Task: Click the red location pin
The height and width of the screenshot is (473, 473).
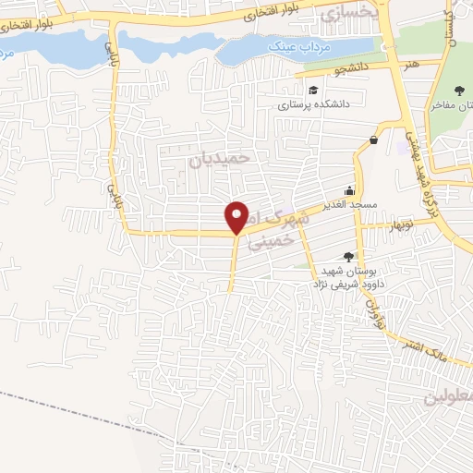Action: click(237, 216)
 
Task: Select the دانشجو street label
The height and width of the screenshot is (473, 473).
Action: click(352, 68)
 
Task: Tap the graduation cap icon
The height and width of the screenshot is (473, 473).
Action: click(315, 90)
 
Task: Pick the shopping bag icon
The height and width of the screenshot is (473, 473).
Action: click(373, 139)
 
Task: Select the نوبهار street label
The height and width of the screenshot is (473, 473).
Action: click(402, 224)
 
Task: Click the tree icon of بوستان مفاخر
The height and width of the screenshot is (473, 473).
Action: click(459, 91)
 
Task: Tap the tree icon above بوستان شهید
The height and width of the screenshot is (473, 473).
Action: click(348, 256)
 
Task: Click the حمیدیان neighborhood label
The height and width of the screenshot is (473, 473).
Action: click(220, 158)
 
